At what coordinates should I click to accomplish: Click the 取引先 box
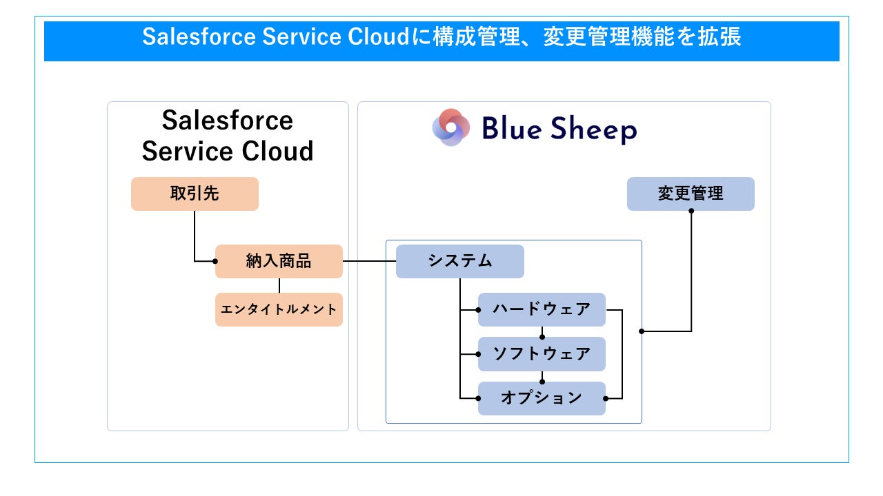195,194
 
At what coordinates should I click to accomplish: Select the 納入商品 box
279,261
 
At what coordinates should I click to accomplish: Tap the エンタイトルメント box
279,309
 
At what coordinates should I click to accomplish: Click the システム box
459,261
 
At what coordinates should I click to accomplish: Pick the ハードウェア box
542,309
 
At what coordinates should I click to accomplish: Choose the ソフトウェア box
542,354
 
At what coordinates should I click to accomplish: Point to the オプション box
542,398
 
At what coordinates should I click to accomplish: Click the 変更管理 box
691,194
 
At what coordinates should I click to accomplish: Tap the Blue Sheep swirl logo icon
451,127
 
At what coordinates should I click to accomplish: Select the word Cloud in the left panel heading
277,151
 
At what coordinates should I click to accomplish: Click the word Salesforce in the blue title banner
199,37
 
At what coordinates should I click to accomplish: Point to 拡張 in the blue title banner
720,37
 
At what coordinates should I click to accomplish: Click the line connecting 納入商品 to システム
369,261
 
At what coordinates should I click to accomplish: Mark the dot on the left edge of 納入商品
215,261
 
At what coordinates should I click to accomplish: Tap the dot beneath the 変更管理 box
691,211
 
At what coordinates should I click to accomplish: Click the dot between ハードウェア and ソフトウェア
542,337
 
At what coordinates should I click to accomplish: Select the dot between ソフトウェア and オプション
542,382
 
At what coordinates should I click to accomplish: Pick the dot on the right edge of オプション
606,398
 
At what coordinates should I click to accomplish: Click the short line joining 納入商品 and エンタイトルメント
279,285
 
